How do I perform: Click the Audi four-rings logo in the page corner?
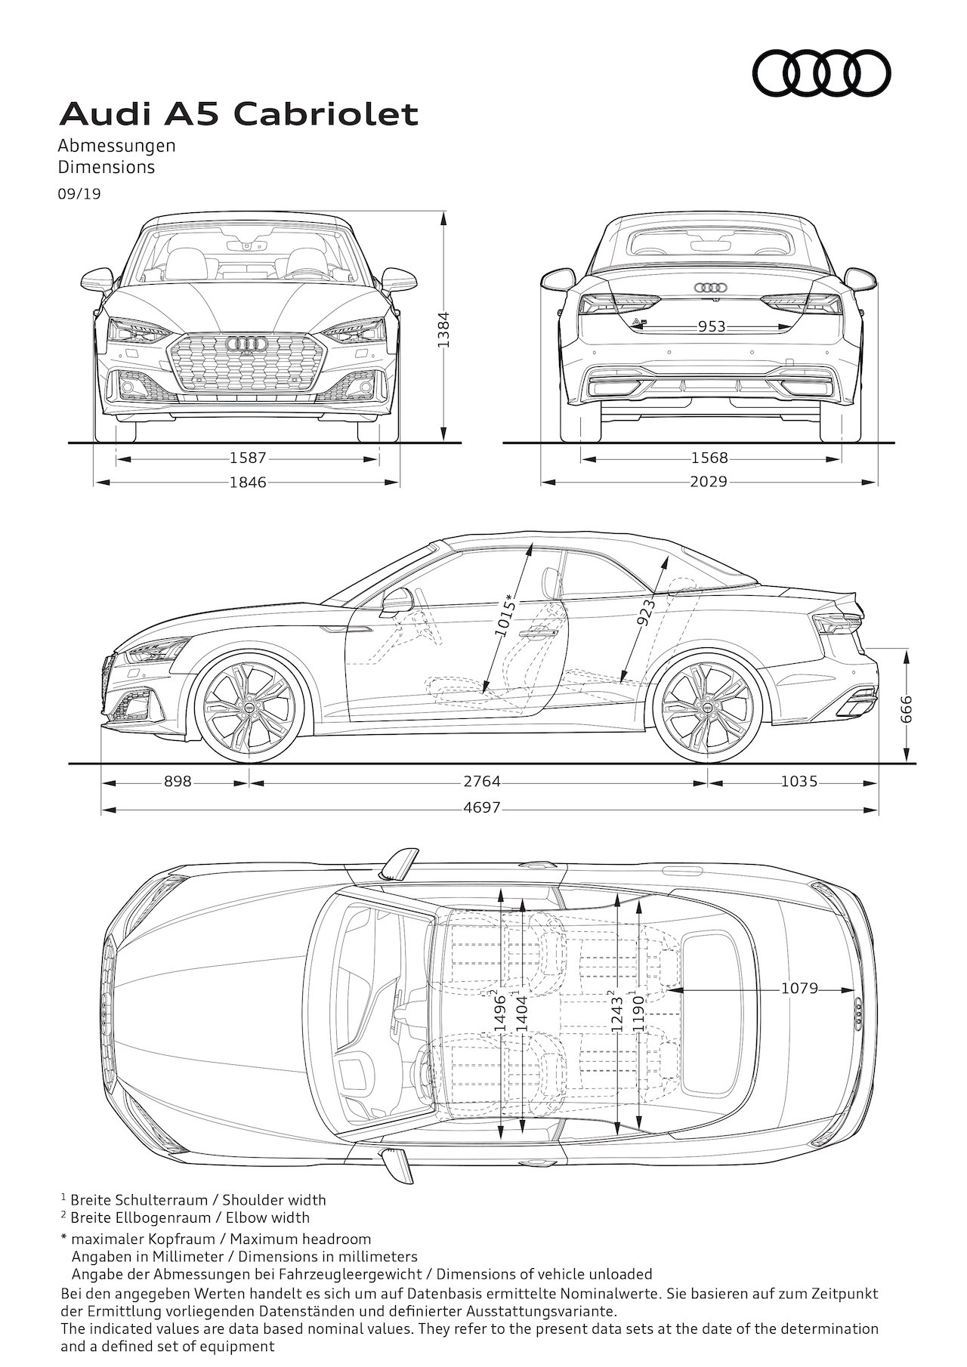(x=821, y=73)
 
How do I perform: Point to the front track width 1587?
(x=248, y=458)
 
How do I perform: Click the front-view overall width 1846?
(x=248, y=482)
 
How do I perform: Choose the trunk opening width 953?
(x=712, y=326)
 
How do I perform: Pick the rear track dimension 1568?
(x=709, y=458)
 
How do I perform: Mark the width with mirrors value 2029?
(x=709, y=481)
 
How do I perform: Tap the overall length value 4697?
(x=482, y=807)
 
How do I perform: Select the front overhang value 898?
(x=178, y=782)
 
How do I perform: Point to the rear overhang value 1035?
(x=799, y=782)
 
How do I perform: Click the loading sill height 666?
(x=907, y=708)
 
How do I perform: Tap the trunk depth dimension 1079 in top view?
(x=799, y=988)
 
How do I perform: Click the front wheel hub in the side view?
(x=249, y=708)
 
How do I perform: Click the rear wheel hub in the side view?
(x=707, y=708)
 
